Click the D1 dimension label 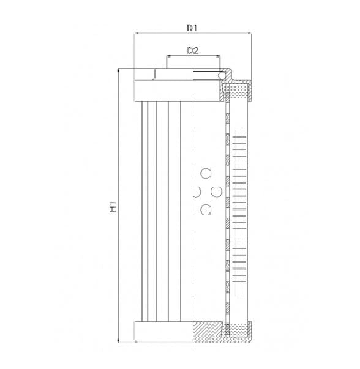(192, 28)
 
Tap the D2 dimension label (192, 51)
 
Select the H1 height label (113, 209)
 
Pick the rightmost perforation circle (216, 192)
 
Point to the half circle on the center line (195, 192)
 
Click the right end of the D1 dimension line (251, 34)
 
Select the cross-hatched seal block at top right (236, 92)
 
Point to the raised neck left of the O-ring (174, 74)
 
